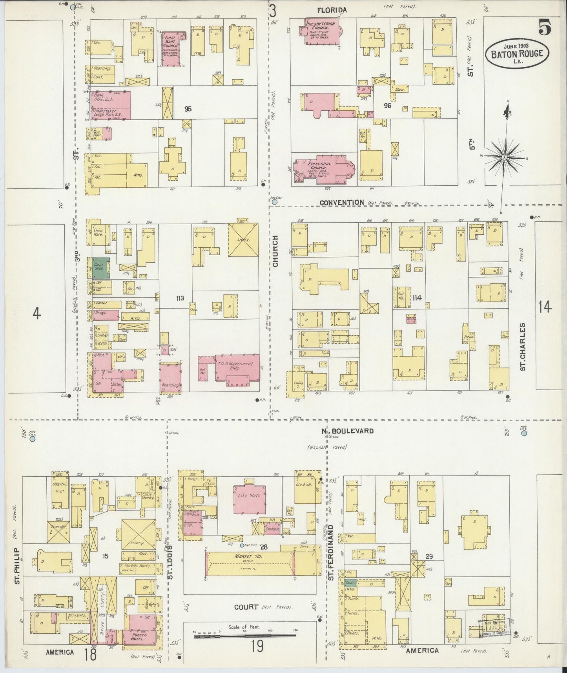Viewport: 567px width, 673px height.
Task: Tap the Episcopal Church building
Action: tap(324, 169)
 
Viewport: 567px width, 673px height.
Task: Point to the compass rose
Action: tap(505, 157)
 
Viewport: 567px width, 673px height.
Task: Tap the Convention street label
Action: tap(341, 203)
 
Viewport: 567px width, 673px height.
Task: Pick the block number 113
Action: tap(180, 298)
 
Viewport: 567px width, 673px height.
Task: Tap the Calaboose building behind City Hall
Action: tap(272, 529)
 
